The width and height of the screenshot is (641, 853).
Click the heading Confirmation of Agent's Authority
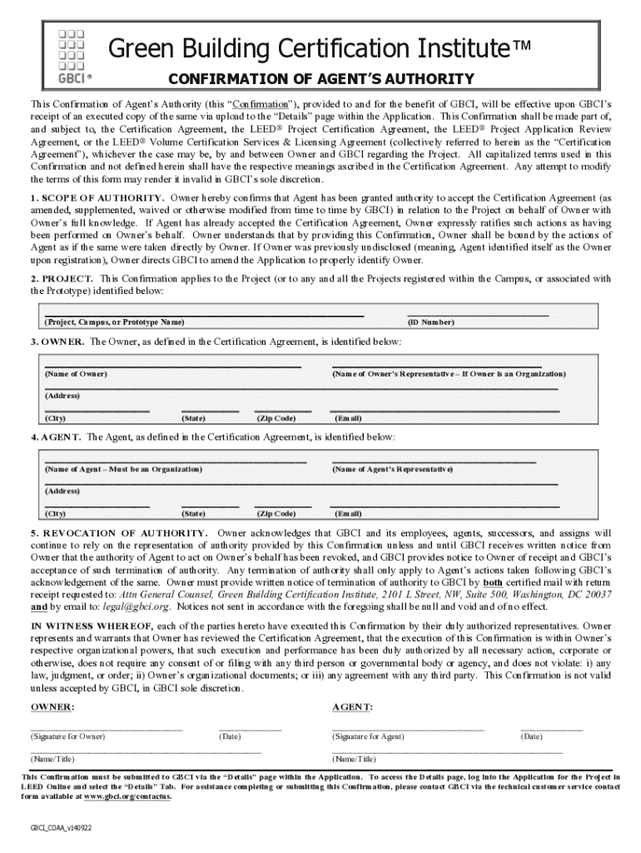tap(321, 79)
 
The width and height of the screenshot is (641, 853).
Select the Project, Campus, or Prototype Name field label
tap(114, 322)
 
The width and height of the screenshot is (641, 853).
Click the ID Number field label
tap(430, 322)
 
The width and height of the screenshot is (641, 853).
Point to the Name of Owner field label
tap(76, 374)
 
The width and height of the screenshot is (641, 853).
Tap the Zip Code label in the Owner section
tap(276, 418)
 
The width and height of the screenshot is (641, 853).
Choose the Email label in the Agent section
tap(348, 514)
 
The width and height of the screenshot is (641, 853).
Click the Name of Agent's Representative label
tap(392, 470)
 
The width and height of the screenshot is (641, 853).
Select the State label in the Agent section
tap(193, 514)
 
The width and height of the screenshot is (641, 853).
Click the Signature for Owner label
tap(68, 736)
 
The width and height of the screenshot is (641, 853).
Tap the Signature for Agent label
tap(368, 736)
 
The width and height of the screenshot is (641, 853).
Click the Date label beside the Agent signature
tap(530, 736)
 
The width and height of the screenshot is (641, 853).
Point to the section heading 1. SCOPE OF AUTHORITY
tap(97, 197)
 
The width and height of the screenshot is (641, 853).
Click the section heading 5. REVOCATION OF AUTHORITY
tap(119, 532)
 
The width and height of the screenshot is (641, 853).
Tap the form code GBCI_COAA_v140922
tap(61, 829)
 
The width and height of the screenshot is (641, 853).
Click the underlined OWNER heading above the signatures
tap(52, 707)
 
